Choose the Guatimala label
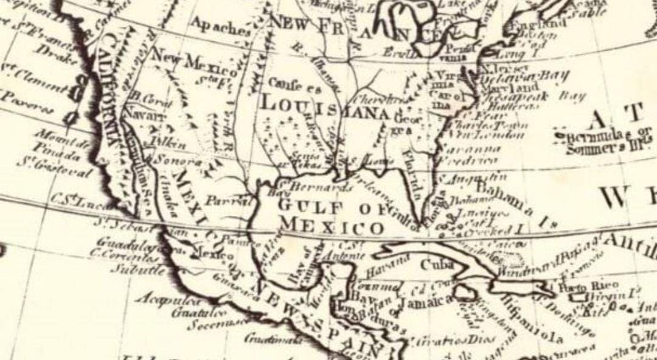point(274,338)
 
